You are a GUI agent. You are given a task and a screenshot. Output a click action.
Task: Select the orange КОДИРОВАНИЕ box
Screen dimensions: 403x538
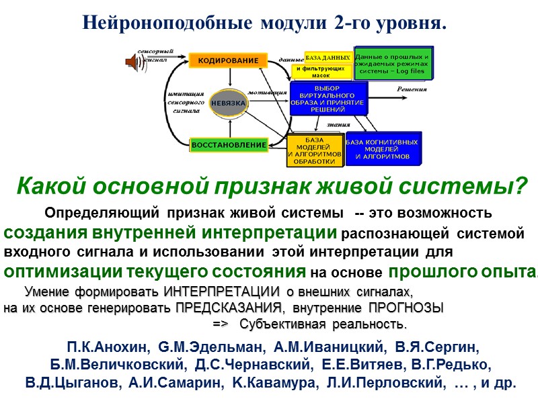point(227,60)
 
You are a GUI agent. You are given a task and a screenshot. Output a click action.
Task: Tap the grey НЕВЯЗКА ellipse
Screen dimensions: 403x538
point(229,103)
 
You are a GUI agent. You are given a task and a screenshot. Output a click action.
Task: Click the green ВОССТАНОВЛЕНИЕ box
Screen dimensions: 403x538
point(229,144)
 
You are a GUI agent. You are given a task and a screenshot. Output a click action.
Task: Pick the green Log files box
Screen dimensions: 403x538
point(394,63)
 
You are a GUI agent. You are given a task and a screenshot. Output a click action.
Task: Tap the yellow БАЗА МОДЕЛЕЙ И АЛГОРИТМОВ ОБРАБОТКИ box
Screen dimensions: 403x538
point(315,151)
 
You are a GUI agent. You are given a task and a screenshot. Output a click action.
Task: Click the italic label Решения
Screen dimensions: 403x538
point(411,89)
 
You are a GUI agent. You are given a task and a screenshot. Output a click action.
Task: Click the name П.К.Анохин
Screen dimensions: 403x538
point(107,348)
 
